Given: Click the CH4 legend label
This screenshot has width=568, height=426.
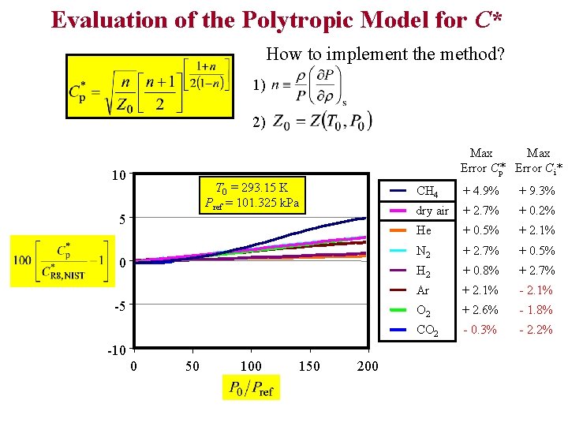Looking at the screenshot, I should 427,191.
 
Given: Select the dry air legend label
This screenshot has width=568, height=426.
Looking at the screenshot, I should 432,211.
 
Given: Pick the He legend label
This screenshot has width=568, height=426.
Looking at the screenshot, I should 424,230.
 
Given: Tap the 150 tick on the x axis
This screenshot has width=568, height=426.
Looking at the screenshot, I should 311,366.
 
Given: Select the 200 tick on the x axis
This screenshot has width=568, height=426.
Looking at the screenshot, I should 368,366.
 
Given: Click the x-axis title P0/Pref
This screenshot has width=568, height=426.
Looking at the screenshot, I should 251,387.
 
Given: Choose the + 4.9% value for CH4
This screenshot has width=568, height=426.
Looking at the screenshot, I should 481,191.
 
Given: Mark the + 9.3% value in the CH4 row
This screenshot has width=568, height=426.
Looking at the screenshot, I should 536,191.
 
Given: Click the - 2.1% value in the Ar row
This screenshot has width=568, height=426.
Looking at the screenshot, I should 536,290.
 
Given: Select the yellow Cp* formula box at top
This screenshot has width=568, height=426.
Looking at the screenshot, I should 151,86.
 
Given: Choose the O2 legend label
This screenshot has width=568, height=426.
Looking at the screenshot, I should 424,310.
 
